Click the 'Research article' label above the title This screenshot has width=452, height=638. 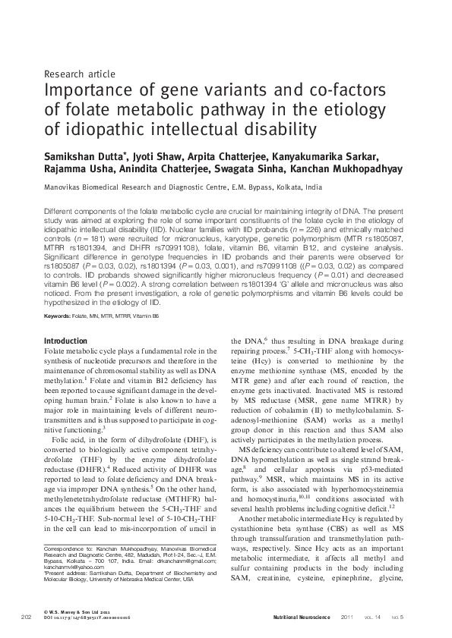pyautogui.click(x=80, y=74)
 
